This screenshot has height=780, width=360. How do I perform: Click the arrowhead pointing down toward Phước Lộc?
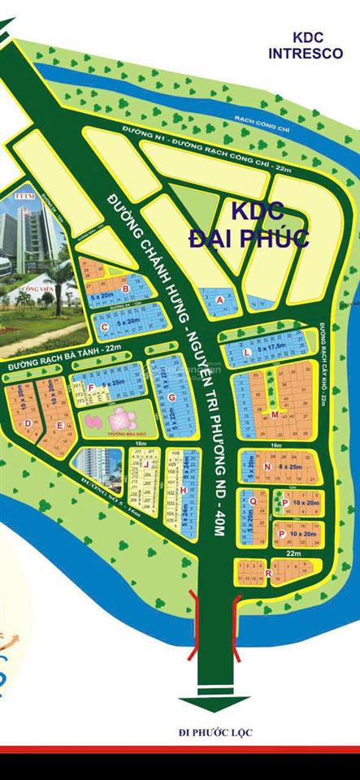[x=215, y=704]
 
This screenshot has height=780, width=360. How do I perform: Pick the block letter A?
[x=219, y=299]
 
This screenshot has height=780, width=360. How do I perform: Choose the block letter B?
[x=125, y=288]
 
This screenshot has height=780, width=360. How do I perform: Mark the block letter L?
[x=246, y=352]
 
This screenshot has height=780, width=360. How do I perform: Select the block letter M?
[x=275, y=414]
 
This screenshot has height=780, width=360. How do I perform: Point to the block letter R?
[x=267, y=574]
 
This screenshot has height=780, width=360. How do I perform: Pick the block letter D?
[x=28, y=422]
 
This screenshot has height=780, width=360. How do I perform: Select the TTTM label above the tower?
[x=22, y=196]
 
